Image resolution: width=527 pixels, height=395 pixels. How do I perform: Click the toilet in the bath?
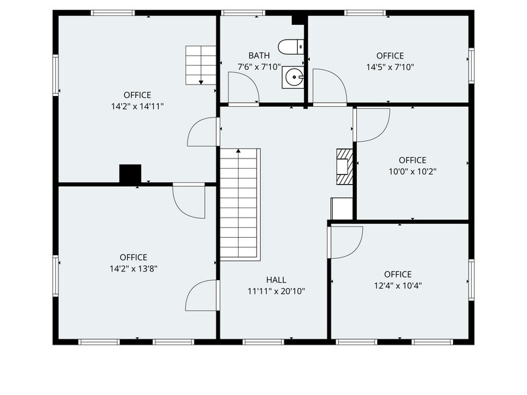click(x=291, y=47)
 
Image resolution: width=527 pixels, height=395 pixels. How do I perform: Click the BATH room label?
click(x=259, y=56)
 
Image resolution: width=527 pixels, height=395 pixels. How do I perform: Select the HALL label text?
click(x=276, y=280)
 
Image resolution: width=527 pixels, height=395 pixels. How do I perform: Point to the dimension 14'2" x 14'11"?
click(x=137, y=106)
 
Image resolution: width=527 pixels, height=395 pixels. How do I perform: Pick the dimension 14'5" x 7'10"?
click(x=390, y=67)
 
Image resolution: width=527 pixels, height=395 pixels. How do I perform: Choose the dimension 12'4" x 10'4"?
click(x=398, y=286)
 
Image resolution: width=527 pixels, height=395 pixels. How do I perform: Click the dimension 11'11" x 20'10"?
click(x=276, y=292)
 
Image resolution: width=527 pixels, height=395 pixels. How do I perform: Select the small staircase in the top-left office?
click(x=200, y=64)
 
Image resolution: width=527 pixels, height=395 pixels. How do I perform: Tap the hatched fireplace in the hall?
click(x=343, y=166)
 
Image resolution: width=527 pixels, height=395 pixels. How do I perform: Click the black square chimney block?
click(x=130, y=173)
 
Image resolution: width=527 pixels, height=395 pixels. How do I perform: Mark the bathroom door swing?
click(x=242, y=89)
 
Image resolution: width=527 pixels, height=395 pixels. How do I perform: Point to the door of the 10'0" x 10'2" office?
click(x=372, y=124)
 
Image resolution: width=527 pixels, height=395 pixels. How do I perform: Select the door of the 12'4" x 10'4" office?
click(x=346, y=242)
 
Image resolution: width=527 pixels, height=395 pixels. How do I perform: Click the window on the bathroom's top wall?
click(x=243, y=12)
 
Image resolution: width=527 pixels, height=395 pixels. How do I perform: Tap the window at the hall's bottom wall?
click(x=263, y=342)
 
